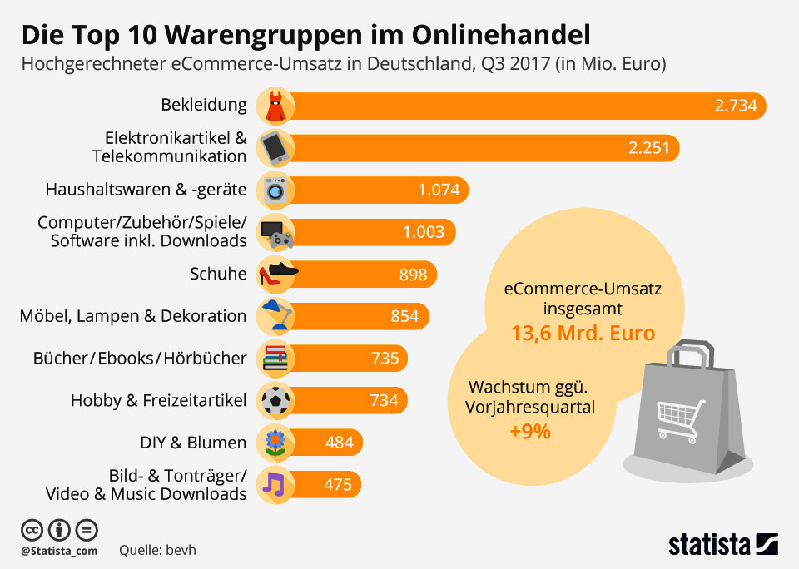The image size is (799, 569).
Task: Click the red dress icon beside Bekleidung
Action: tap(275, 106)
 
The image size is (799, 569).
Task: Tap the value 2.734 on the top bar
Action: tap(736, 106)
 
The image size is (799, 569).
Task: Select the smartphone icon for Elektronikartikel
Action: tap(275, 148)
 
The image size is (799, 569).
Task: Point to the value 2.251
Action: tap(650, 148)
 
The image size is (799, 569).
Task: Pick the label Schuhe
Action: tap(219, 275)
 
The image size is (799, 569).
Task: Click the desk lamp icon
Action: tap(275, 316)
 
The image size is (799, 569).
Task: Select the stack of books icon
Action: tap(275, 359)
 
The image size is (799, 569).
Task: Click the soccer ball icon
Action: tap(275, 401)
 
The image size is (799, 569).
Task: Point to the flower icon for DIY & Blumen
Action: tap(275, 443)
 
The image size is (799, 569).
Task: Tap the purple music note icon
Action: tap(274, 484)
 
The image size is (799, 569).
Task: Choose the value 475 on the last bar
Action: tap(338, 485)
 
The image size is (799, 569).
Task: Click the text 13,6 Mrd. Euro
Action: tap(583, 334)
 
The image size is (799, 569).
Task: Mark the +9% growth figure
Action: tap(529, 432)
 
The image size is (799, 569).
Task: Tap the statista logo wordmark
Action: tap(709, 545)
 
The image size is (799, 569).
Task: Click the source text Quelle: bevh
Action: tap(158, 550)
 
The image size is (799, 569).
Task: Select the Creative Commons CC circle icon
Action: tap(32, 529)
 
